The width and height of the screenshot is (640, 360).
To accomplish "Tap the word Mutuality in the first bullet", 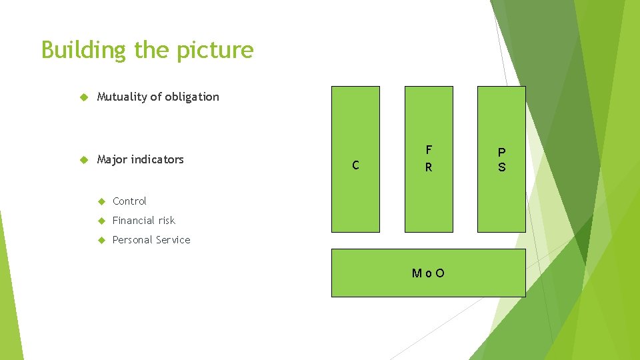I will coord(122,97).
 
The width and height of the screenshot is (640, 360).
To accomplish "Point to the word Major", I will coord(112,159).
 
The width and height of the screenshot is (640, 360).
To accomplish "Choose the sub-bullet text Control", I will coord(129,201).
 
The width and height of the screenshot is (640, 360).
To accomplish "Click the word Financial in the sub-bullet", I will coord(134,221).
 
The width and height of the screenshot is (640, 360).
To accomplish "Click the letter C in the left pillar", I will coord(355,165).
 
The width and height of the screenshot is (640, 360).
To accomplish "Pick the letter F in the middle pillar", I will coord(429,150).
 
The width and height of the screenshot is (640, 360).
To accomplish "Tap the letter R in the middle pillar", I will coord(429,167).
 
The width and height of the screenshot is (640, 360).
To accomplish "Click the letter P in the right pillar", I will coord(501,152).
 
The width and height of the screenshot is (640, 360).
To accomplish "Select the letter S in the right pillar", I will coord(501,167).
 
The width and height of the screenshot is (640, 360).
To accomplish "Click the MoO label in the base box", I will coord(428,273).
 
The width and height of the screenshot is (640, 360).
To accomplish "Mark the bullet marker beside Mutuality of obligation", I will coord(84,97).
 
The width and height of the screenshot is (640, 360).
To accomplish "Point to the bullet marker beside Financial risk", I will coord(101,221).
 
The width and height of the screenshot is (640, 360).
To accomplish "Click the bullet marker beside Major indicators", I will coord(84,160).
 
